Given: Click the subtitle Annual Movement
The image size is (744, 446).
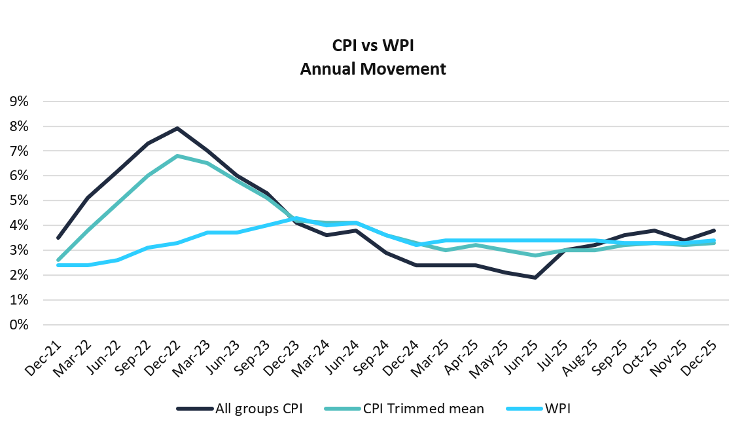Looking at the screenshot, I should point(372,69).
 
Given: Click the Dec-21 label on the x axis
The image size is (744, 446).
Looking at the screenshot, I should point(41,358).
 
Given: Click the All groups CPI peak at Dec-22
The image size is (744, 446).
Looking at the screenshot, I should point(177,128).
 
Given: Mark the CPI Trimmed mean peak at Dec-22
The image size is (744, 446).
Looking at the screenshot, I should point(177,156).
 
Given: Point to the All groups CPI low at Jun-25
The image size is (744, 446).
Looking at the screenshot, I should point(535,278).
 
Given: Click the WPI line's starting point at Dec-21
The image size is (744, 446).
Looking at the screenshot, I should point(58,265).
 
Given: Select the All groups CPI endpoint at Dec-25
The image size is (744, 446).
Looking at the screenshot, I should point(714,231).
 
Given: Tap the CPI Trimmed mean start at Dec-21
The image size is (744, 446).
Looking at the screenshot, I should point(58,260).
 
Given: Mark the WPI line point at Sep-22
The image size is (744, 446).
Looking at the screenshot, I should point(147,248).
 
